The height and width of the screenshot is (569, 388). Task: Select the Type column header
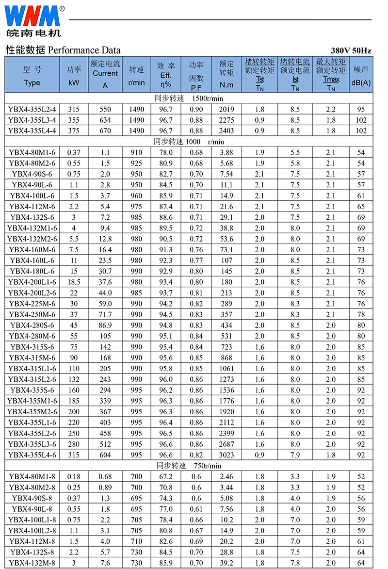(x=32, y=76)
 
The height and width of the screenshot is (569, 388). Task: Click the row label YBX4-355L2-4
(x=32, y=109)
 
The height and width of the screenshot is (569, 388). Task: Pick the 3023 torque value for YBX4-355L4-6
(x=226, y=455)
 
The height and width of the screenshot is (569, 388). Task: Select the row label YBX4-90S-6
(x=32, y=174)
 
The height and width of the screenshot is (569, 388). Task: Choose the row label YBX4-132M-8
(x=32, y=563)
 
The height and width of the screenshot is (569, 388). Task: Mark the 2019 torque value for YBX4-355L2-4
(x=226, y=109)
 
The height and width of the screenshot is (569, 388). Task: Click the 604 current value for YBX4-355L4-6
(x=105, y=455)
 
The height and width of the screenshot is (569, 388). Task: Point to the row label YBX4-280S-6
(x=32, y=325)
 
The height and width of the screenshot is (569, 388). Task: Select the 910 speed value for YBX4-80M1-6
(x=137, y=152)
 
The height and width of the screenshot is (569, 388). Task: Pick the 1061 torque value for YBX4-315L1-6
(x=226, y=368)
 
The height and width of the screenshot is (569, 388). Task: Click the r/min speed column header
(x=137, y=76)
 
